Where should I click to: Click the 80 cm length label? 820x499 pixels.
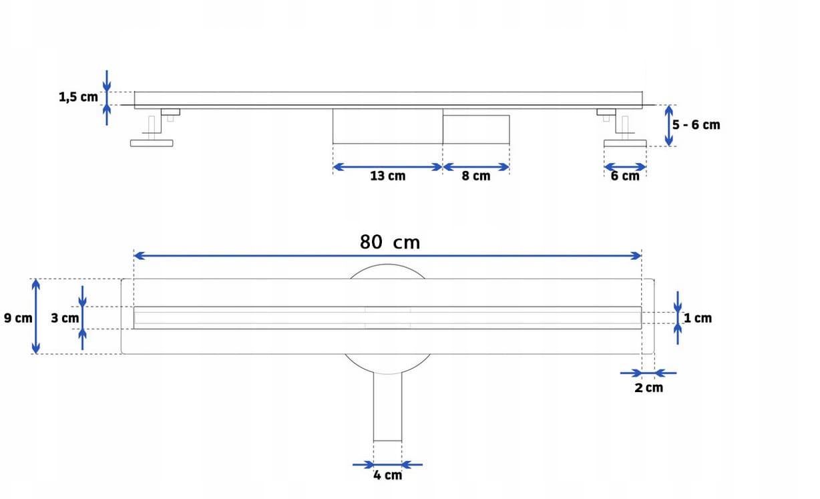coord(390,242)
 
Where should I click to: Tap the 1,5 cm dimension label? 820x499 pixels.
coord(78,97)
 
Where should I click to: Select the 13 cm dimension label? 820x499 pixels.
coord(388,176)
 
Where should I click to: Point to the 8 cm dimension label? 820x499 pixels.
coord(476,176)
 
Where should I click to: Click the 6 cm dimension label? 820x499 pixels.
coord(625,176)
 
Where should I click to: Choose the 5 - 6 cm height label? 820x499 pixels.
coord(696,125)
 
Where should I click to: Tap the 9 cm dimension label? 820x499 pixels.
coord(18,318)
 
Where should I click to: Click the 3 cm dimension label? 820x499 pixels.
coord(65,318)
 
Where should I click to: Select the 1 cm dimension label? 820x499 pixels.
coord(698,318)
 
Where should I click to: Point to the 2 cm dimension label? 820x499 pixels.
coord(648,387)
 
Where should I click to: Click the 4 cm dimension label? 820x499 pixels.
coord(388,475)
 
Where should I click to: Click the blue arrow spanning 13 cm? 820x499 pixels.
coord(388,167)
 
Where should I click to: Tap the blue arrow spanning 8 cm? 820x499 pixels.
coord(476,167)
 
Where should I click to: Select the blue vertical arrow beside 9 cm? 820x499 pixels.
coord(35,317)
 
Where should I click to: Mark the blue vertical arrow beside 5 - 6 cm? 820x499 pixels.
coord(668,126)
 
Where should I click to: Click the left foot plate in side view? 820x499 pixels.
coord(152,143)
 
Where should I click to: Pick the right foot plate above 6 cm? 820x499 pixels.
coord(625,143)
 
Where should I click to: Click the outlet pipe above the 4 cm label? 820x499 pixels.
coord(388,407)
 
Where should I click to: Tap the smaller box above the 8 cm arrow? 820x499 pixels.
coord(476,130)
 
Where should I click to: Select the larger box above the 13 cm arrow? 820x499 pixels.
coord(388,126)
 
